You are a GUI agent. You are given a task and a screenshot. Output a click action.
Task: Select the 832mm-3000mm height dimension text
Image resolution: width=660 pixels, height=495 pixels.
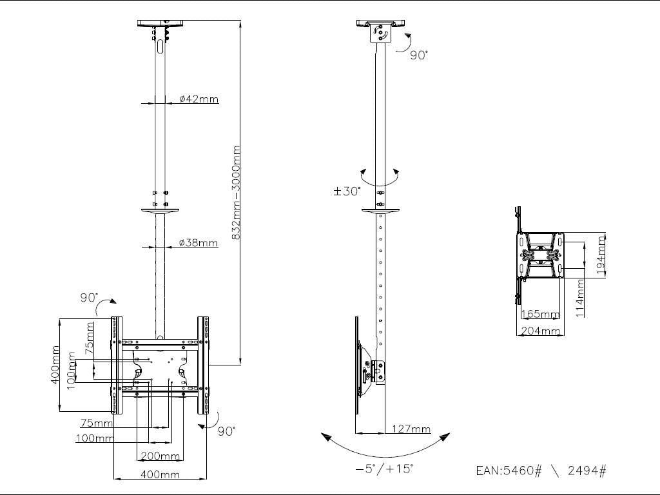(236, 193)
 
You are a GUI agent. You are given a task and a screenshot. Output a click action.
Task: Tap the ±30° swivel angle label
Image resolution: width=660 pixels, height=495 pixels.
(347, 191)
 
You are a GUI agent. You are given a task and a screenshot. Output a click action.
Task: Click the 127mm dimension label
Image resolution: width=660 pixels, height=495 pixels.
(411, 429)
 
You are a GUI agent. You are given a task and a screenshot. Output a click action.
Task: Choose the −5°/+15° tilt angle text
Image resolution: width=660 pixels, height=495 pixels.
(384, 469)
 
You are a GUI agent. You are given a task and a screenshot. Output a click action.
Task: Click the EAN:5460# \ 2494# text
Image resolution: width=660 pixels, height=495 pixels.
(541, 471)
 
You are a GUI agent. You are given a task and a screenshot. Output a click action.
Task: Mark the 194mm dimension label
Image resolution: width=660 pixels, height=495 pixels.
(601, 255)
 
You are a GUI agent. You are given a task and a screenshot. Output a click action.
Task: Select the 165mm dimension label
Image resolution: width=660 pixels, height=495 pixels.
(540, 315)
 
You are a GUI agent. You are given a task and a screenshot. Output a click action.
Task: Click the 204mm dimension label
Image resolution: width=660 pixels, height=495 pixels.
(540, 331)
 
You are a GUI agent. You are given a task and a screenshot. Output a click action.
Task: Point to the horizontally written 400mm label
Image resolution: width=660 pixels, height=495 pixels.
(160, 475)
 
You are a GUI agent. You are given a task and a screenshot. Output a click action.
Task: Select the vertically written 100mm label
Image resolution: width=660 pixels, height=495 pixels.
(72, 370)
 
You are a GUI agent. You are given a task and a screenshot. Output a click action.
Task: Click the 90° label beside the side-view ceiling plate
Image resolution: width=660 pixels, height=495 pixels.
(418, 55)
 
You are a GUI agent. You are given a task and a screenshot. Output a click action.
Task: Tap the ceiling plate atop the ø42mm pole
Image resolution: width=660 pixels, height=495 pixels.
(160, 24)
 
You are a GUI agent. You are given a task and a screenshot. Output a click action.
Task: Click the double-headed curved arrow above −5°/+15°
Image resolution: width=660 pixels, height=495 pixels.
(384, 445)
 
